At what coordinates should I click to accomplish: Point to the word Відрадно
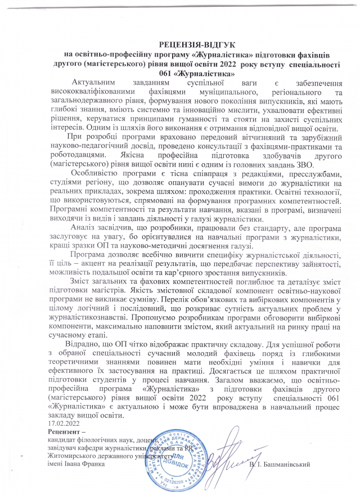tap(83, 343)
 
